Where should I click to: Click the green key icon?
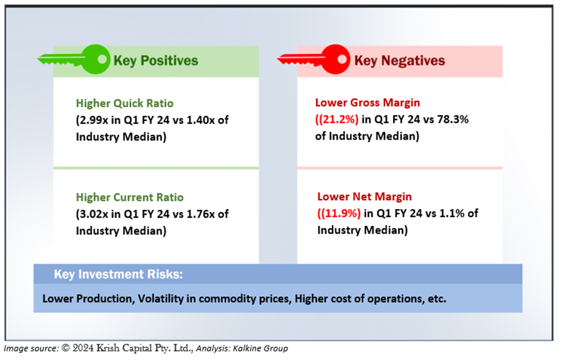(75, 59)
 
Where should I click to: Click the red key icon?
(314, 59)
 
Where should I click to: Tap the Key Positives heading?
(156, 61)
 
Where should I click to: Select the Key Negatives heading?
(399, 61)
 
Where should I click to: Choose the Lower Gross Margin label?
(368, 103)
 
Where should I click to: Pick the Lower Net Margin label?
(364, 197)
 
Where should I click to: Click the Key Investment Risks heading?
(118, 274)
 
